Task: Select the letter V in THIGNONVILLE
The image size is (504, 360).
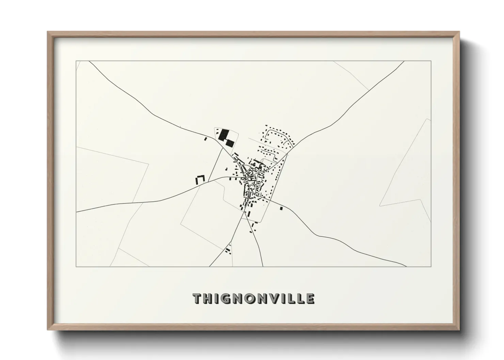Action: click(278, 299)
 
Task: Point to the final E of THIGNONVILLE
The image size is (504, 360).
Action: click(310, 299)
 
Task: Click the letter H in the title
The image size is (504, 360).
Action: click(210, 299)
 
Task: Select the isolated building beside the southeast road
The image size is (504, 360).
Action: click(281, 209)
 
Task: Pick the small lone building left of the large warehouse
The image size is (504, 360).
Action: click(205, 138)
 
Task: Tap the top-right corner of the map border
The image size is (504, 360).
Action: click(431, 61)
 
